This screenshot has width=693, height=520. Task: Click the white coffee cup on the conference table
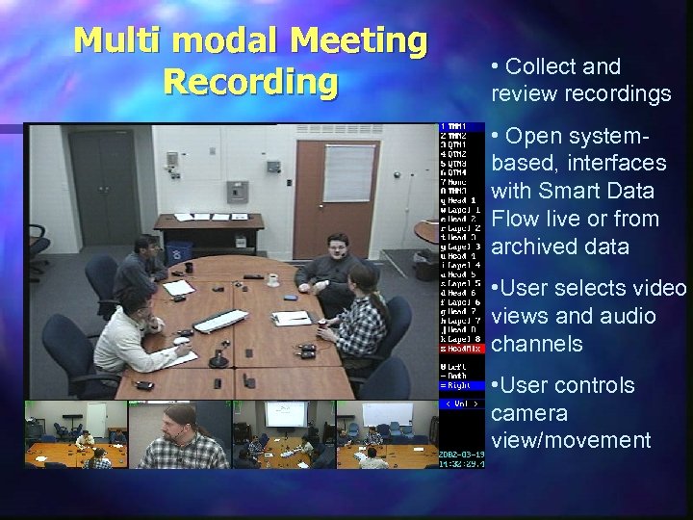click(273, 279)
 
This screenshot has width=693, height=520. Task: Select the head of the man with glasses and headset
click(338, 247)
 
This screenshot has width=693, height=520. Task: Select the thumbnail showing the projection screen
click(283, 433)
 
